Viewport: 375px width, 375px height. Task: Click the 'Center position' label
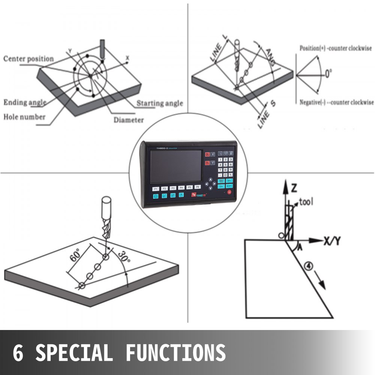[28, 59]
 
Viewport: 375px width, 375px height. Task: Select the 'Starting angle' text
[160, 103]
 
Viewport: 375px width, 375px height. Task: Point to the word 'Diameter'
[129, 120]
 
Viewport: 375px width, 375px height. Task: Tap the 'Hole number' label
[24, 117]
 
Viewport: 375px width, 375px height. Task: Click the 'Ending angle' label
[25, 102]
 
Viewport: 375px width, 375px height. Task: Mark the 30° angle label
[123, 258]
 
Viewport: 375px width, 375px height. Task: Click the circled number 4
[308, 266]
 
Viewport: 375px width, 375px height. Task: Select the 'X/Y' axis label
[332, 241]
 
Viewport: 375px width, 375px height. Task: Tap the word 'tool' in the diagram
[306, 202]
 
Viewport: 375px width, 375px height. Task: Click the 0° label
[328, 73]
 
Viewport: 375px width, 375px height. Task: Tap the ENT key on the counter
[229, 186]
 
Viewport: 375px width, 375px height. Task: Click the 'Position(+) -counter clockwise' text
[335, 48]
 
